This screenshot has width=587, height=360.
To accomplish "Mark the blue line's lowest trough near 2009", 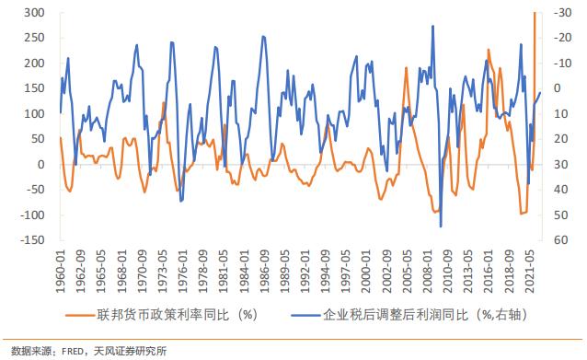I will pyautogui.click(x=441, y=226).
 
